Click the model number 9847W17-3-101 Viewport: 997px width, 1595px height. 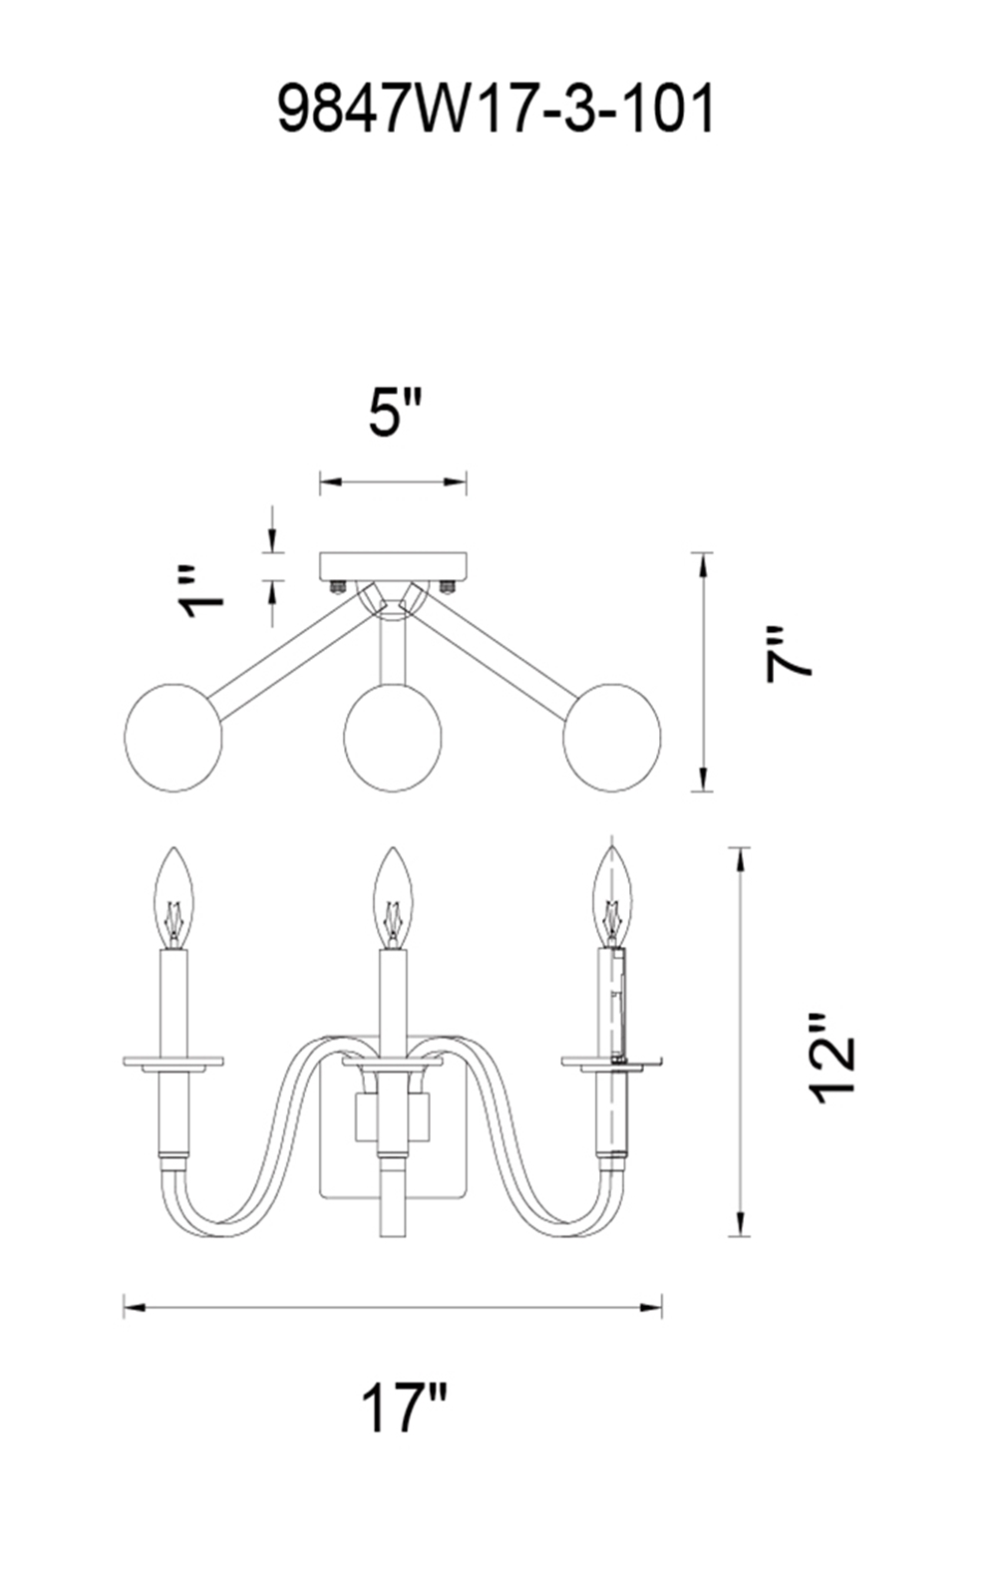tap(496, 109)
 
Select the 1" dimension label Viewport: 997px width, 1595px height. tap(201, 592)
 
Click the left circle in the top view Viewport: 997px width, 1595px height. tap(173, 737)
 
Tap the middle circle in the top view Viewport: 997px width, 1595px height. tap(393, 737)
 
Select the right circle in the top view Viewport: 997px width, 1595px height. tap(612, 737)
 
